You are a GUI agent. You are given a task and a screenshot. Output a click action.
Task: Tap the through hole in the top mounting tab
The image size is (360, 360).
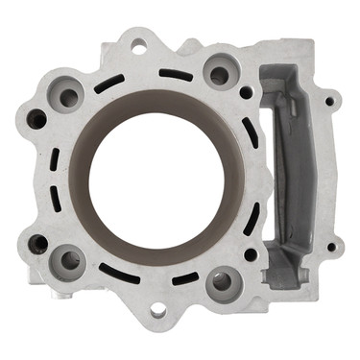coord(139,45)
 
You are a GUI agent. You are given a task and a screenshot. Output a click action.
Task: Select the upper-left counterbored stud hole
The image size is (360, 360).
coord(68,97)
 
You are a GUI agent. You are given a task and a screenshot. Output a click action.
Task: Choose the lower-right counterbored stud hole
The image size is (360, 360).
coord(223,281)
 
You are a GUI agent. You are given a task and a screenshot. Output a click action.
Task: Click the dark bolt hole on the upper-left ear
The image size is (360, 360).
coord(36,119)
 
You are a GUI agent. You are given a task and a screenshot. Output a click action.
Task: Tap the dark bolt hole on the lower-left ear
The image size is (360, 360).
coord(38,244)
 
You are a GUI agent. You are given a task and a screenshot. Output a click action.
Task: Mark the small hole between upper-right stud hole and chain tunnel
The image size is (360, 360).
coord(248,93)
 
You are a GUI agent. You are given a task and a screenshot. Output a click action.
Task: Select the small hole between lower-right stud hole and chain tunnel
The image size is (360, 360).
coord(251,254)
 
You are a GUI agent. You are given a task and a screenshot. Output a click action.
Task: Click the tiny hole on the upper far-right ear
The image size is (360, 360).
coord(328,100)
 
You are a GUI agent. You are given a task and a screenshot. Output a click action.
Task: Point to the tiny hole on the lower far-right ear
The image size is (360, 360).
coord(331,248)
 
